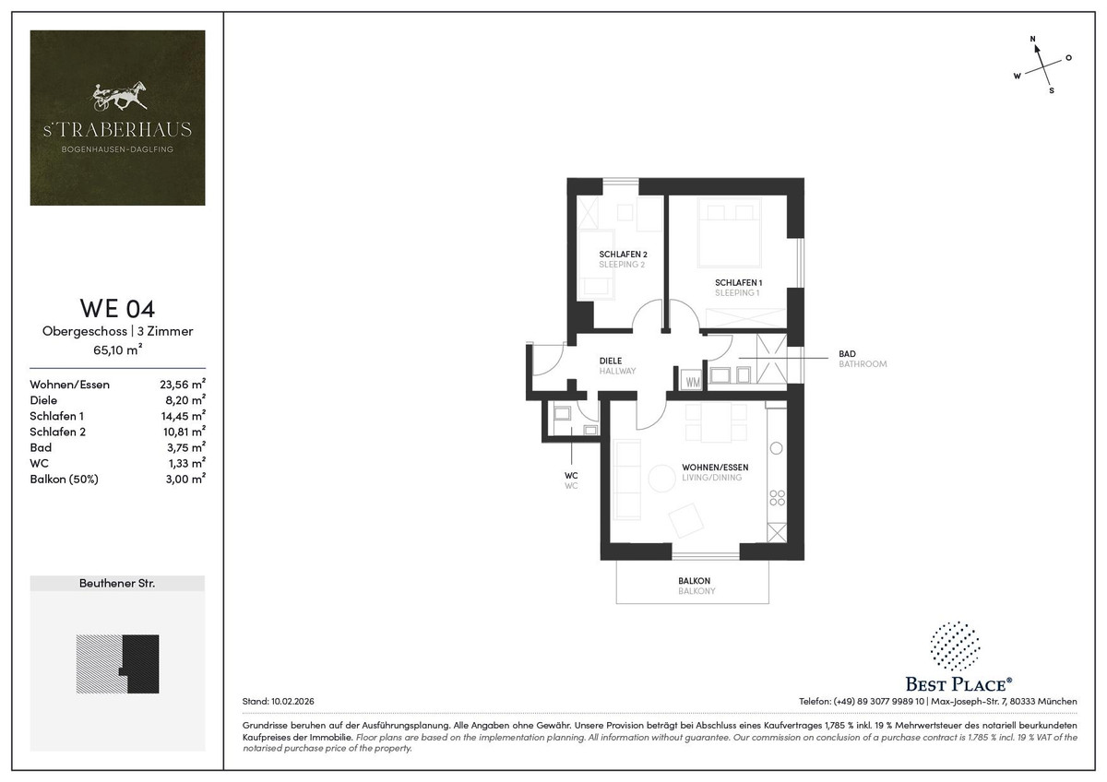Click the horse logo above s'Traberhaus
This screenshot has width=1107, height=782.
pos(119,95)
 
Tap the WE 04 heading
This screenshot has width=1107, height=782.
pos(118,308)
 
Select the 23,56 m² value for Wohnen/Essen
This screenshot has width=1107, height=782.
pos(183,384)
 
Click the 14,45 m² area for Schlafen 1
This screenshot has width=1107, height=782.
pos(184,416)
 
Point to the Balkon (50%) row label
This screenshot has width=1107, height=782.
pos(65,480)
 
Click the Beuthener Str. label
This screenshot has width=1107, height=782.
pos(117,584)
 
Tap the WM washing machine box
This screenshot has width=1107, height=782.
pos(693,382)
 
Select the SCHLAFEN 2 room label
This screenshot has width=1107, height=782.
pos(624,255)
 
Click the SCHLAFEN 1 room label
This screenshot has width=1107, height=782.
pos(738,282)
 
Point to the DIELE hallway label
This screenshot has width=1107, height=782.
pos(611,361)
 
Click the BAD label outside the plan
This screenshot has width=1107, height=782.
pos(847,354)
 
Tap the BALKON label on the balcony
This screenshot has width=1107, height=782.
pos(694,580)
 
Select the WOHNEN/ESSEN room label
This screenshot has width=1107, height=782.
pos(715,467)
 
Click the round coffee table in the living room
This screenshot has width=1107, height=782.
pos(661,479)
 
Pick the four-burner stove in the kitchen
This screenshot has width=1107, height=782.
pos(777,497)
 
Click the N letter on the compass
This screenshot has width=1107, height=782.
pos(1032,39)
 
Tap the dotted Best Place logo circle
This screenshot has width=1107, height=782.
pos(955,646)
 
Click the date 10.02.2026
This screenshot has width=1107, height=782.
pos(292,701)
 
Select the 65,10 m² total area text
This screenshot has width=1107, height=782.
pos(118,350)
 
